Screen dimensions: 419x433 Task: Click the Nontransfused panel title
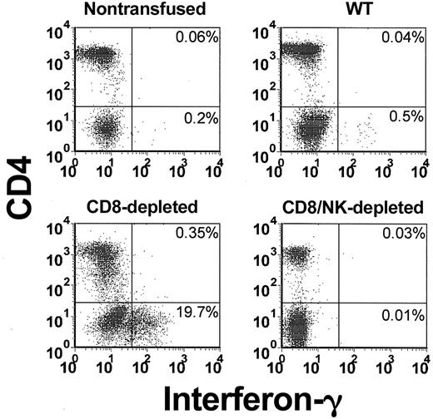click(x=146, y=11)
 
